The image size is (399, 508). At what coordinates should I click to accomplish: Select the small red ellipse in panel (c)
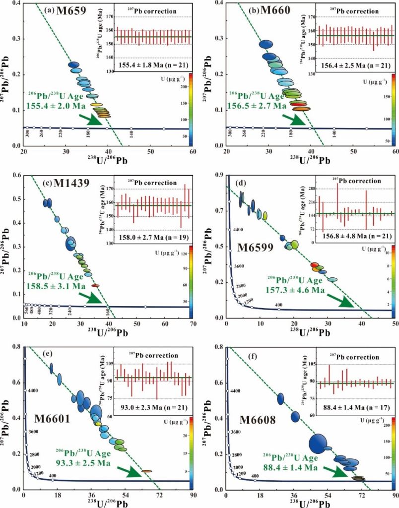(95, 286)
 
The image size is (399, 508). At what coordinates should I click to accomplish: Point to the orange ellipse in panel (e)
(146, 471)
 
